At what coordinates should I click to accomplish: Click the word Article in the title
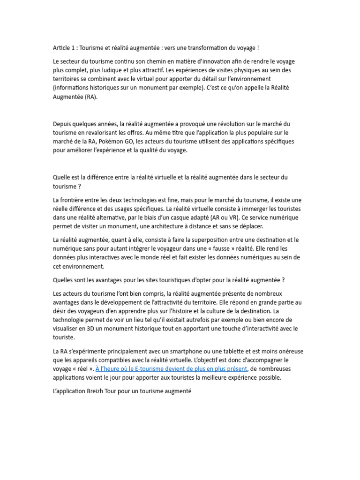[x=61, y=48]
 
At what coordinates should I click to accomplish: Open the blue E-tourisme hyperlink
[x=171, y=369]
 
